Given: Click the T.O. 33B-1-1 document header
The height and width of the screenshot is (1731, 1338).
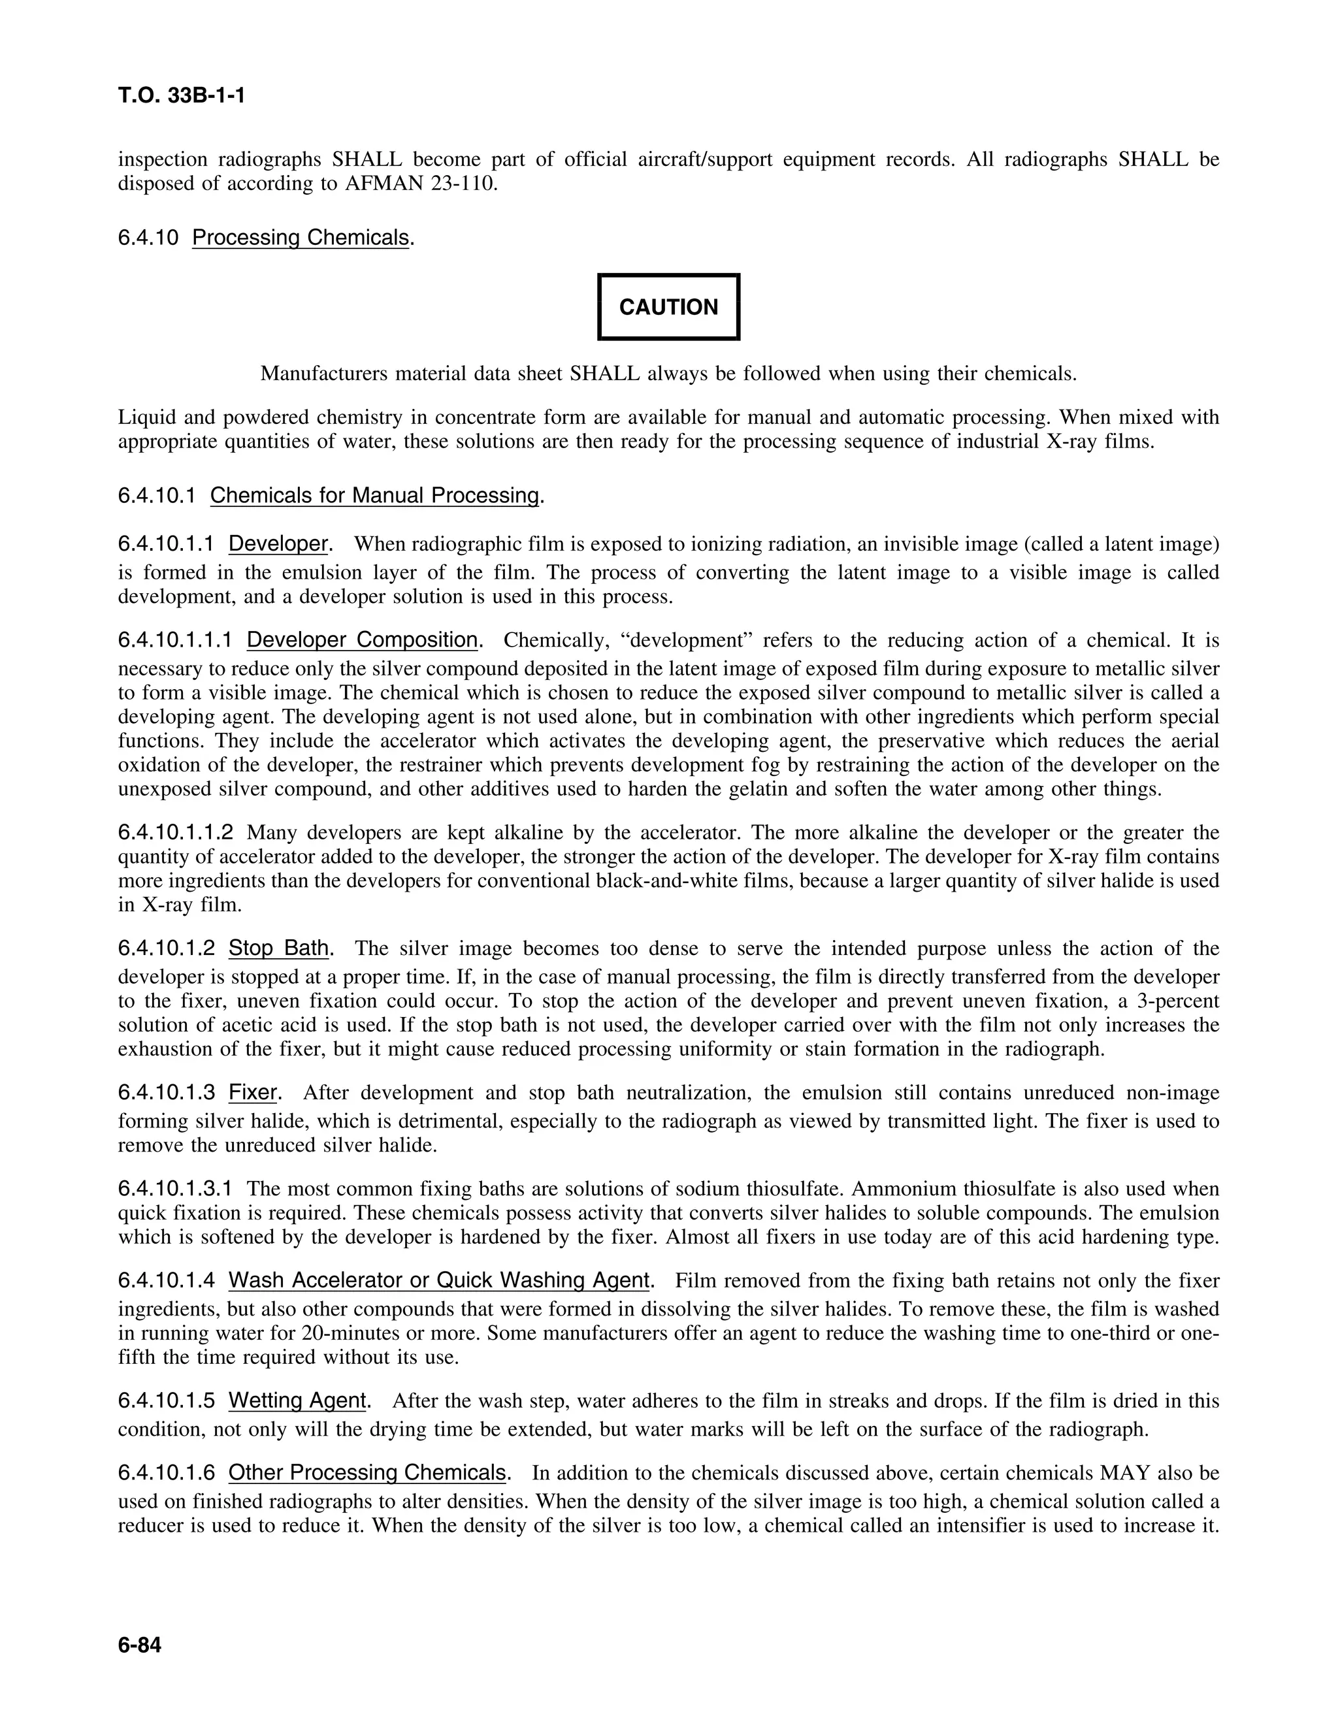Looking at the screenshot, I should [182, 96].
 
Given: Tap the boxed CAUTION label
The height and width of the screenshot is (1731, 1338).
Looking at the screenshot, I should [668, 307].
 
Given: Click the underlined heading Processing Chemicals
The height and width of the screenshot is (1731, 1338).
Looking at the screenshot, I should [301, 237].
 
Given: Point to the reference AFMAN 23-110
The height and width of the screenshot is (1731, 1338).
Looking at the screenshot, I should [421, 184].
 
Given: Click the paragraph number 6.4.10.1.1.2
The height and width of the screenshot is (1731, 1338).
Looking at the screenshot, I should [176, 833].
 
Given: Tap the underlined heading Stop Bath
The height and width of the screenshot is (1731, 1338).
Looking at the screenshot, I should [278, 948].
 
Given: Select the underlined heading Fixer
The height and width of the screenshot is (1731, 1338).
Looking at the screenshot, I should [252, 1092].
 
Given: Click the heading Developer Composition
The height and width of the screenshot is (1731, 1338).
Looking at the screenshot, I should [362, 639].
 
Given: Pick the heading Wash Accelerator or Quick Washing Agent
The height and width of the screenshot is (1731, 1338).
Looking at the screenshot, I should [439, 1280].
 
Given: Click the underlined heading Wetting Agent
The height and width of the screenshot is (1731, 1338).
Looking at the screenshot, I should [297, 1400].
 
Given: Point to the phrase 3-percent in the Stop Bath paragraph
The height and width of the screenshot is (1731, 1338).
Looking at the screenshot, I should [1178, 1000].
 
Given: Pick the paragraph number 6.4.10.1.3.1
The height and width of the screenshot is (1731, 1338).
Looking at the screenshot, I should [176, 1189].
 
